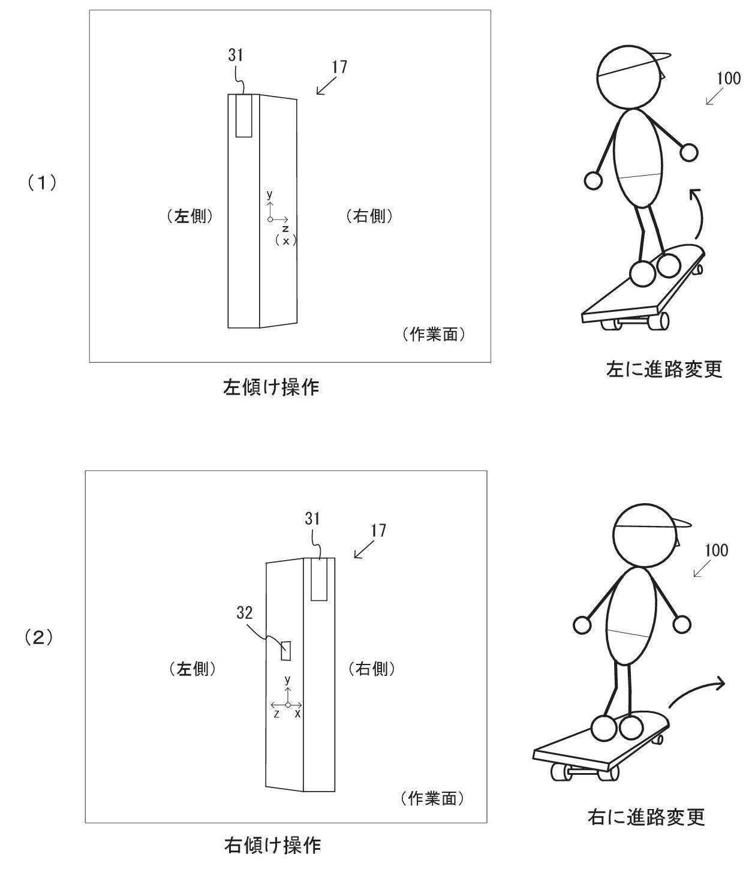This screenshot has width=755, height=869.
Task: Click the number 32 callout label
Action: pos(244,612)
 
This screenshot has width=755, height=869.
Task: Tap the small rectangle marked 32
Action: pos(286,650)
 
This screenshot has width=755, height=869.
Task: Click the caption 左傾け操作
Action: pos(271,387)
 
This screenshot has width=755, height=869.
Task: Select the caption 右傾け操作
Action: pos(272,845)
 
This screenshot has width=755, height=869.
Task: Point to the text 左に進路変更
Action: pos(664,369)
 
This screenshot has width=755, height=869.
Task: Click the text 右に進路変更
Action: pos(646,817)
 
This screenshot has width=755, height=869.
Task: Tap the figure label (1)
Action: pos(41,183)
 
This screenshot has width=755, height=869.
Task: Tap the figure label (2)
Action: pos(39,638)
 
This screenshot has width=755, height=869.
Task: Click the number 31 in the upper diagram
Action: pos(236,55)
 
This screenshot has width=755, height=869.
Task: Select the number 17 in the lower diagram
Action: pos(378,531)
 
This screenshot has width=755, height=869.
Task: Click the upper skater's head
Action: pos(629,78)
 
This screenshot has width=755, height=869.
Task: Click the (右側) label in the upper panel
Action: pos(369,216)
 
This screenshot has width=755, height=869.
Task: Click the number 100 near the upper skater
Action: pos(729,78)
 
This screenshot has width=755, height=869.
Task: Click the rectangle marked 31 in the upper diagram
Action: pos(243,116)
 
